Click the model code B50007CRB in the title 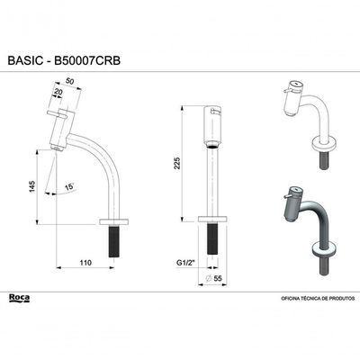point(86,60)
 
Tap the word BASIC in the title point(25,60)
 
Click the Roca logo point(19,299)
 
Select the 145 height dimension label point(32,186)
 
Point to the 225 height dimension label point(177,163)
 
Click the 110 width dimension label point(85,263)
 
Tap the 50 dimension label point(70,81)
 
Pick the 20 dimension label point(58,93)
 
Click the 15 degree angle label point(69,187)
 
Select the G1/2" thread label point(185,263)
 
